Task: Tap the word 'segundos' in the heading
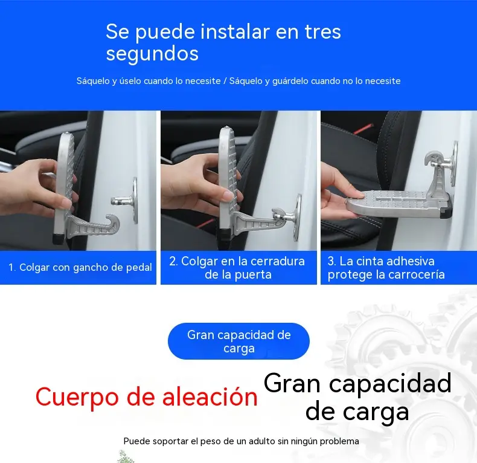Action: pyautogui.click(x=152, y=54)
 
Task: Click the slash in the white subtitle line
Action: pyautogui.click(x=225, y=81)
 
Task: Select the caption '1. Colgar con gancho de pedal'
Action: pyautogui.click(x=80, y=267)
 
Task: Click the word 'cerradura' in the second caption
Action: pyautogui.click(x=278, y=261)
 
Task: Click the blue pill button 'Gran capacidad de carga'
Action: pyautogui.click(x=239, y=341)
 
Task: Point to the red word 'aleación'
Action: pyautogui.click(x=210, y=397)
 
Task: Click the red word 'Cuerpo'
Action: pyautogui.click(x=77, y=398)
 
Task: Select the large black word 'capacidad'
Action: pyautogui.click(x=390, y=384)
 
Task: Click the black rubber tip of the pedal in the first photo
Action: pyautogui.click(x=59, y=239)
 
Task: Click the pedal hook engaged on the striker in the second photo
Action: pyautogui.click(x=278, y=214)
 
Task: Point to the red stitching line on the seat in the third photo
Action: pyautogui.click(x=364, y=129)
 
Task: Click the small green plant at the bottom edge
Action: pyautogui.click(x=126, y=457)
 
